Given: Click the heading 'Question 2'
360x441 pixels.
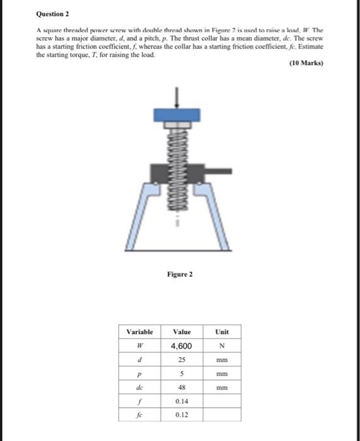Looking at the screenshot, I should tap(54, 13).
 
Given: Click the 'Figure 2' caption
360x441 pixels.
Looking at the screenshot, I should tap(180, 274).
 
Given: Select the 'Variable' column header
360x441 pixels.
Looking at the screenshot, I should tap(140, 332).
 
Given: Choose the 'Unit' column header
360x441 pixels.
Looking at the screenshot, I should tap(222, 332).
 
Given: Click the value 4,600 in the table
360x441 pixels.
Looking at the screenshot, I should tap(181, 346).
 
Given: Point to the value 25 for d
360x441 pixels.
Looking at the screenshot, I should tap(181, 360).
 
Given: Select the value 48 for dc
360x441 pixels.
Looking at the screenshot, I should tap(181, 388).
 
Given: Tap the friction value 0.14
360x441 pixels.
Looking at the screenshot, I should tap(181, 401).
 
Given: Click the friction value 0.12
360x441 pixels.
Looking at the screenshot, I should tap(181, 415).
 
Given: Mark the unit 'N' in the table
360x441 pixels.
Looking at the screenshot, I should tap(222, 346).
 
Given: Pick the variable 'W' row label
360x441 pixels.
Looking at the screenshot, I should tap(140, 346).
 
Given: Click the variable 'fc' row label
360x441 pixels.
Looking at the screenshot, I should tap(140, 415).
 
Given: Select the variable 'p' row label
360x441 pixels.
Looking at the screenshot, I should tap(140, 374).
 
